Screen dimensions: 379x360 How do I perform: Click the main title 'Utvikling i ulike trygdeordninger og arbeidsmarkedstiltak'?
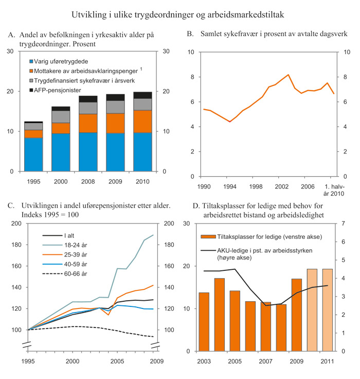180,11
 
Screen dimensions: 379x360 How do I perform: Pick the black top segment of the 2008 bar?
88,99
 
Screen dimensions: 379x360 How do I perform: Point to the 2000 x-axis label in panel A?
61,182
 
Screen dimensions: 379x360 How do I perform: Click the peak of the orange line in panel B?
288,75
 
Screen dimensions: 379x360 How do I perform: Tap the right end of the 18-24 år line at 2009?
153,235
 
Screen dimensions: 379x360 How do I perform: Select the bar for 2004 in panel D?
220,314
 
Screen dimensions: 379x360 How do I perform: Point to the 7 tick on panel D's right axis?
343,223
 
